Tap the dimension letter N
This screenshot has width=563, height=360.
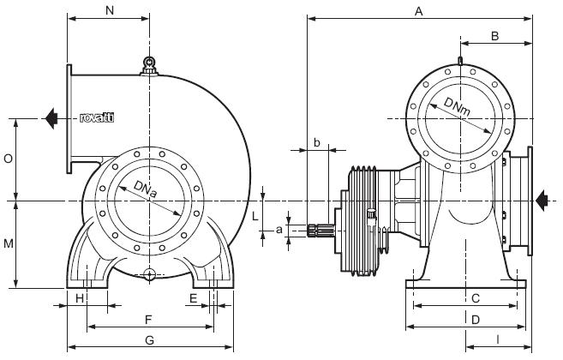coord(108,10)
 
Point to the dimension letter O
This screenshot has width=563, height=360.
coord(8,159)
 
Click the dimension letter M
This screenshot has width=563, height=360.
coord(8,244)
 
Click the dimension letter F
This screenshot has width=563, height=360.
coord(149,319)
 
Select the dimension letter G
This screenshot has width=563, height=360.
coord(149,340)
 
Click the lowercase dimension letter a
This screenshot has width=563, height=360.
coord(279,230)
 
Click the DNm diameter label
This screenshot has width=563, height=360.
coord(463,112)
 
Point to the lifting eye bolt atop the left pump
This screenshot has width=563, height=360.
coord(149,63)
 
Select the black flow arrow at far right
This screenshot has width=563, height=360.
coord(542,200)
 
